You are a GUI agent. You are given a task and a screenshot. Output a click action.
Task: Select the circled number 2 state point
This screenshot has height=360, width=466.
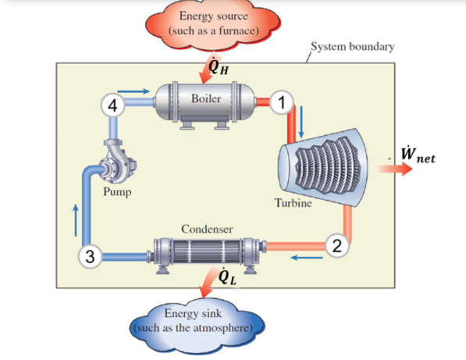tap(335, 247)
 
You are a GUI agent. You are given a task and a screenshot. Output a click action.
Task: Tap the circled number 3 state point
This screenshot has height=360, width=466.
tap(91, 255)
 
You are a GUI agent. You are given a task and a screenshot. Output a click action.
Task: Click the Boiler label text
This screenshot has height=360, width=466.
tap(206, 99)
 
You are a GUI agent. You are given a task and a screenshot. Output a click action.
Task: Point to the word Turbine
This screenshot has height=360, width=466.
tap(293, 203)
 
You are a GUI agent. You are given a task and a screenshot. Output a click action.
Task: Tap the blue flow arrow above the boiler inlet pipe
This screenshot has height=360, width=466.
tap(137, 92)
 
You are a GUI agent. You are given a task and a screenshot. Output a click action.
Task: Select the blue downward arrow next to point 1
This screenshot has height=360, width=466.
tap(300, 116)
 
